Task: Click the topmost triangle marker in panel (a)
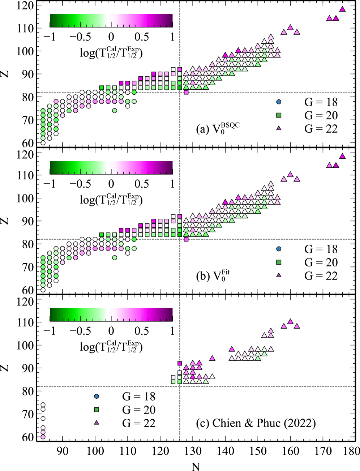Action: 342,9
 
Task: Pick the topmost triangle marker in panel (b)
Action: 342,156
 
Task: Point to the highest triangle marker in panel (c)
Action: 290,321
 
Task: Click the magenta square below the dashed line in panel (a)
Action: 186,92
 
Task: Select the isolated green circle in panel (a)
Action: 115,111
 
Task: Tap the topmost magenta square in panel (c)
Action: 180,363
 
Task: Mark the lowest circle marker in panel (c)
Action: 43,437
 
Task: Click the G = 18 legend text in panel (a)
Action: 321,102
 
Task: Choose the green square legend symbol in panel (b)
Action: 278,262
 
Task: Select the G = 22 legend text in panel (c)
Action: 139,423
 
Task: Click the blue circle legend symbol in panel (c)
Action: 96,396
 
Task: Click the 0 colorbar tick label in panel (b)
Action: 111,184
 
